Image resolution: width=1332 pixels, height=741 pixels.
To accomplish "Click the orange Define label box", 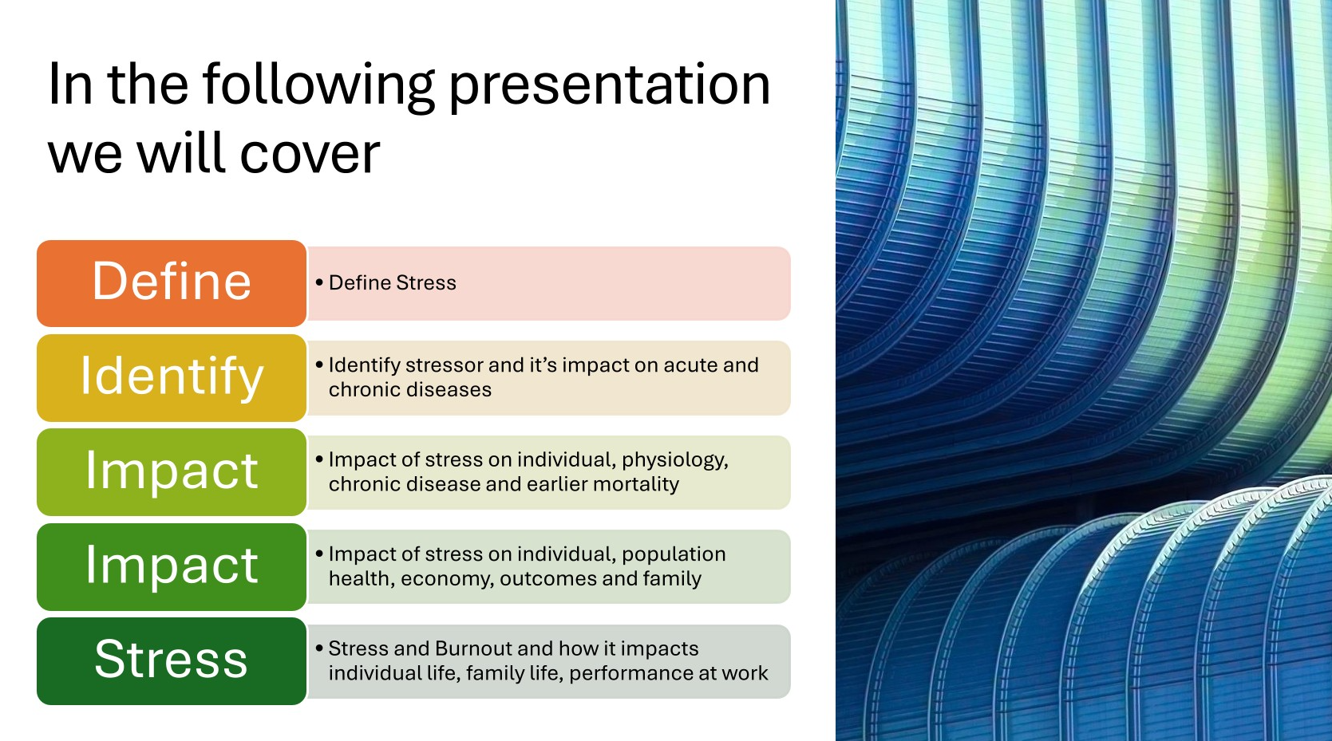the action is [172, 283].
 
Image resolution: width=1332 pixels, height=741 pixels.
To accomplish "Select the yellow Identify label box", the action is [172, 378].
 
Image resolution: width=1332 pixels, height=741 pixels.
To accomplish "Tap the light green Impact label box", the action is [172, 472].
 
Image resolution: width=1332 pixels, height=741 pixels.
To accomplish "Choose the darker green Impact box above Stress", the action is [172, 566].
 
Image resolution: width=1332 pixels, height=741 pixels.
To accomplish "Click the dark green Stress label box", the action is [172, 660].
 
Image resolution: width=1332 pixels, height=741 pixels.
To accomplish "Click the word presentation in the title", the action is [609, 87].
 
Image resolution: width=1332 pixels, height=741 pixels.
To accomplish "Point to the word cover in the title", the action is [309, 153].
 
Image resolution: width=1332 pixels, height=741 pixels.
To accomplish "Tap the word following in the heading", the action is [318, 87].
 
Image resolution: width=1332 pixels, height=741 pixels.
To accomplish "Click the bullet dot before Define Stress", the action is [319, 282].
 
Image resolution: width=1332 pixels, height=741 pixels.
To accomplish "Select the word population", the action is [674, 554].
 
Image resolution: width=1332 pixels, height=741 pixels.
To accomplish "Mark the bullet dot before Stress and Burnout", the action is [319, 648].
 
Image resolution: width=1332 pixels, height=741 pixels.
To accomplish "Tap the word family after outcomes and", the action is [673, 579].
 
